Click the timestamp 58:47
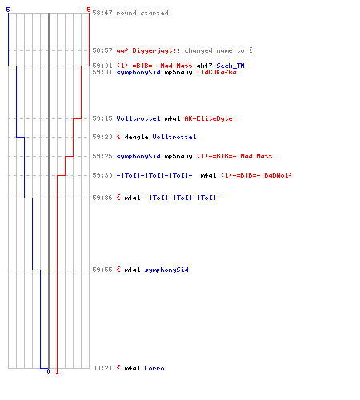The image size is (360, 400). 102,13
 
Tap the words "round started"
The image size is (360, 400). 142,13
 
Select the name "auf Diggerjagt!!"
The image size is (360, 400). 148,50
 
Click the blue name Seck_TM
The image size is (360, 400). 230,66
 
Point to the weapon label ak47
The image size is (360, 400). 204,66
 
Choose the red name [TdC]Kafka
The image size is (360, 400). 217,72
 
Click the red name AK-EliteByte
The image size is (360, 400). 208,118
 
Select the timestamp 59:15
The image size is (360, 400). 102,118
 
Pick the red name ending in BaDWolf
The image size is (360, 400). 257,175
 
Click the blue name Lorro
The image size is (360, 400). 154,368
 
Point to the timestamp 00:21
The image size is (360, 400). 102,368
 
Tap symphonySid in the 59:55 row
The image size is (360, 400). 166,270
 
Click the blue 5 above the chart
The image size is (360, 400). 8,10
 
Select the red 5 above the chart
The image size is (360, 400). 89,10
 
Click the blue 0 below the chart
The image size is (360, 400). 48,371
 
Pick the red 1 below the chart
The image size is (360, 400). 57,371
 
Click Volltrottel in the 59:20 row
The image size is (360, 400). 174,137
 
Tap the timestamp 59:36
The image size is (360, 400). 102,198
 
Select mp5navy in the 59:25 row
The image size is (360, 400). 178,156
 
